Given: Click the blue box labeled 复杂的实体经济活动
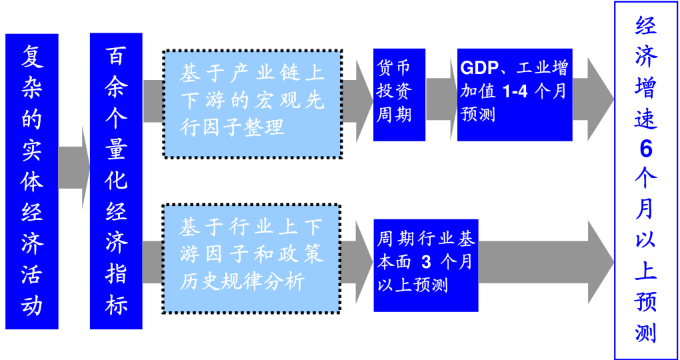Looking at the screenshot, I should [32, 181].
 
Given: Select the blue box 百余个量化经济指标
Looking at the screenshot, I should [116, 181].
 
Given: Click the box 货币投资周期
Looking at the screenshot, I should [399, 94].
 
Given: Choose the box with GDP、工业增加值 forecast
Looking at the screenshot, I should [514, 94].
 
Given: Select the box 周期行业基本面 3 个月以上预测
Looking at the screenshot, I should [425, 265].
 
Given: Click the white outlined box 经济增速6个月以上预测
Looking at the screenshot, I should [645, 181].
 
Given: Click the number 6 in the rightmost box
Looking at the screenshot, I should [645, 148].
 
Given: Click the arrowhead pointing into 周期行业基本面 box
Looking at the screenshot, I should [364, 257].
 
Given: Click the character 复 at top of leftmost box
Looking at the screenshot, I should [32, 56].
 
